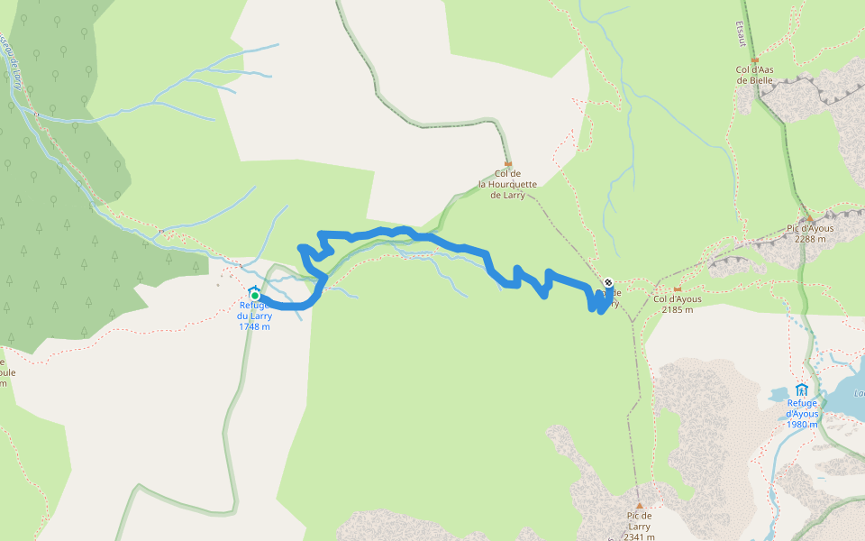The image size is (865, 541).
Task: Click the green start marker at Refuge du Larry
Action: pos(255,295)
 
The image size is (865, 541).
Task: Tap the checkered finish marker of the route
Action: pos(608,282)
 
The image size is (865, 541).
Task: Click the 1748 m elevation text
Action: pos(254,326)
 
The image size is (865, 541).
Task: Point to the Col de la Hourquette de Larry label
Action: pos(507,184)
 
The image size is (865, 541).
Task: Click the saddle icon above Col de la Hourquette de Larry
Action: pos(507,163)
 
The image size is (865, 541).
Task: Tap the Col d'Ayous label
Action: pos(677,299)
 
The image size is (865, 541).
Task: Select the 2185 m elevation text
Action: pos(677,310)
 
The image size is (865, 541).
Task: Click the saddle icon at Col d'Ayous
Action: pos(677,289)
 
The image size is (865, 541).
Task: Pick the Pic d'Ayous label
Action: pos(811,228)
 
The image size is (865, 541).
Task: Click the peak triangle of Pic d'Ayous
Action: pos(810,217)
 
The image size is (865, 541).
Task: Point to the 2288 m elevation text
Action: pos(811,239)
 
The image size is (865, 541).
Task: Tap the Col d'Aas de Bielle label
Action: pos(755,75)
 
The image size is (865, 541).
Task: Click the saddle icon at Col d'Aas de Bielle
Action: pos(755,60)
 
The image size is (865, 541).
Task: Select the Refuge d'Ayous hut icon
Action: pos(801,389)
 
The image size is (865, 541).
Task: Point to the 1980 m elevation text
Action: pos(801,425)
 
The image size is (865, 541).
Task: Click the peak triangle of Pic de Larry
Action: pos(639,506)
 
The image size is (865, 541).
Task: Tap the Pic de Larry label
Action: pos(639,521)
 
